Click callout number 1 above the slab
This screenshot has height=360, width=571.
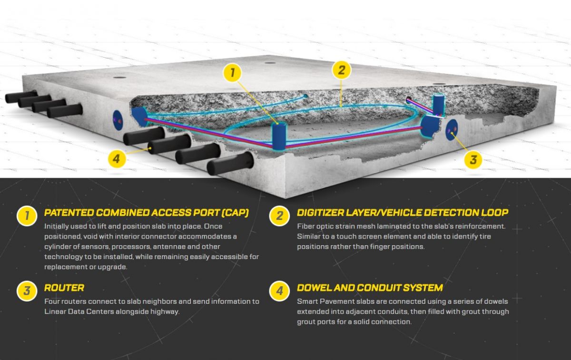[x=232, y=73]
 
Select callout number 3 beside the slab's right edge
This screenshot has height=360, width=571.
[x=473, y=160]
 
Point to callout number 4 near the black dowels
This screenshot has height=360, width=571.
[x=117, y=159]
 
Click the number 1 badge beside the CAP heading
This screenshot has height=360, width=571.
[x=27, y=216]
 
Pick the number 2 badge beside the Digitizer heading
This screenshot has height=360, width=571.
[x=279, y=216]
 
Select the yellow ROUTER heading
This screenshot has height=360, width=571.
[x=64, y=288]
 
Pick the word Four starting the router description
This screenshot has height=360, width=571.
[x=52, y=301]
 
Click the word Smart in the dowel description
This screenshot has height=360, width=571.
[x=307, y=301]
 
